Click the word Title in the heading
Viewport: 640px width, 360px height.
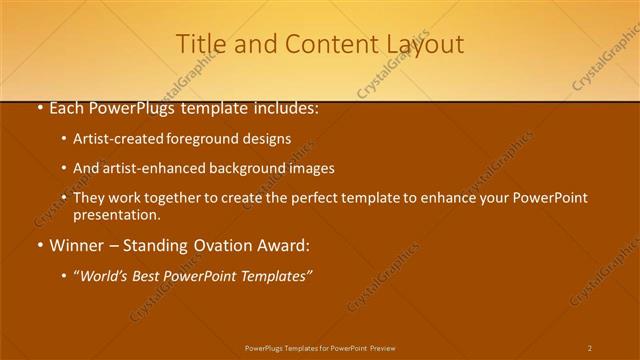[x=198, y=44]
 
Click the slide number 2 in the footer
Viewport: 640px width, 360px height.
[x=590, y=348]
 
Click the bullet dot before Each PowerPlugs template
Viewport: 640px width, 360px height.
[x=39, y=109]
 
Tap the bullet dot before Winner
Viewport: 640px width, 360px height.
[x=39, y=245]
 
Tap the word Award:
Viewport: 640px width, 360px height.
[x=286, y=245]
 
